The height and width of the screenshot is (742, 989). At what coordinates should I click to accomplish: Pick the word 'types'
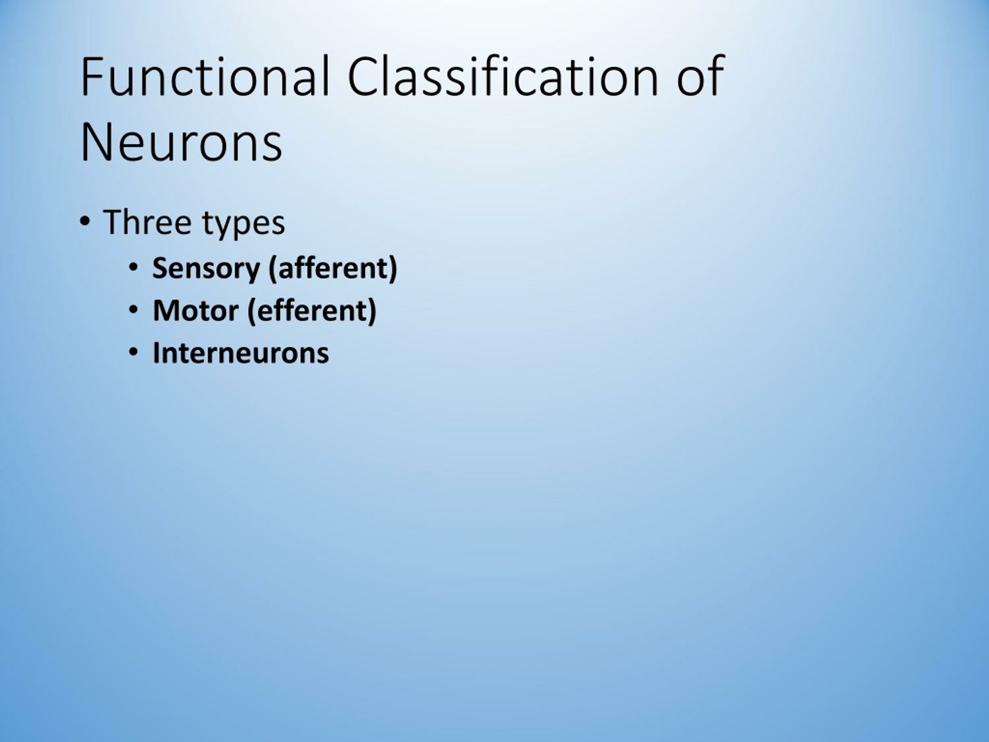click(244, 224)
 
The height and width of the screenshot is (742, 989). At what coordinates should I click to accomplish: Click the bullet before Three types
click(85, 221)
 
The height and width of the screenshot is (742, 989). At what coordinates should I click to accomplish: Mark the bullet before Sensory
click(133, 267)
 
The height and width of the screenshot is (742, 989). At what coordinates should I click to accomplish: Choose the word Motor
click(195, 311)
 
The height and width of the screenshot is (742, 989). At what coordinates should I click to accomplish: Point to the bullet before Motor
click(133, 310)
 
